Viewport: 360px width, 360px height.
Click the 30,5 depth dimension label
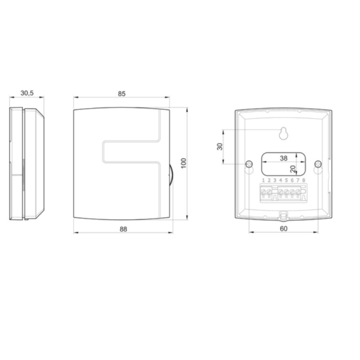point(27,92)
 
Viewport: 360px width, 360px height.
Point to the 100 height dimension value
point(182,162)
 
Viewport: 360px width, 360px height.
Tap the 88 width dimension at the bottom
point(123,229)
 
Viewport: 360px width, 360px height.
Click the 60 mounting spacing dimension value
point(282,229)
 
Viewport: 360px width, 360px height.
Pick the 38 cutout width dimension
point(283,159)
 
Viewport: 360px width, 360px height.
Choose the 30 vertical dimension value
point(220,147)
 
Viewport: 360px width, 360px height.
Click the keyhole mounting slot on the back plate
point(283,133)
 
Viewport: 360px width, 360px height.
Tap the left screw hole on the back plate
point(248,164)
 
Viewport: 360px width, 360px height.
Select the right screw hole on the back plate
point(317,164)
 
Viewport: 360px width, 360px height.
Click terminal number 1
point(263,181)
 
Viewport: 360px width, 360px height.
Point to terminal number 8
point(304,181)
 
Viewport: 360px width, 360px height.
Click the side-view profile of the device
point(27,163)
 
